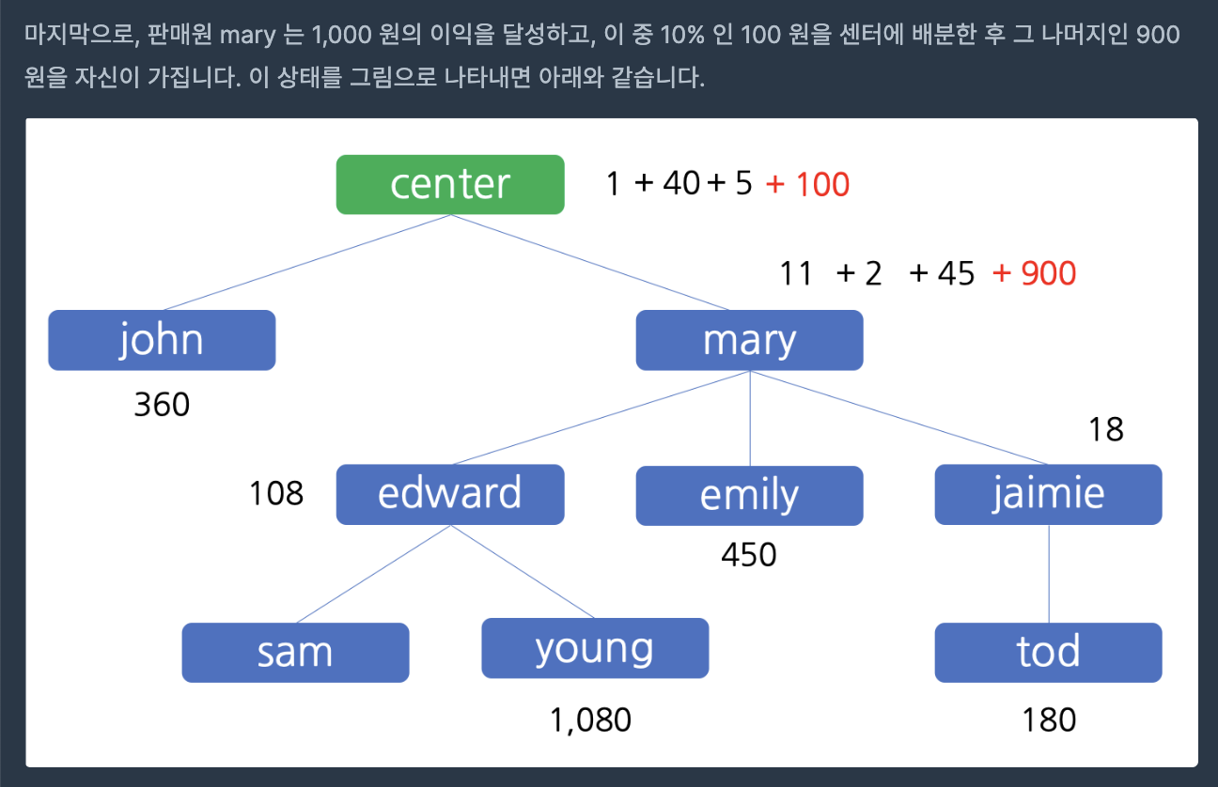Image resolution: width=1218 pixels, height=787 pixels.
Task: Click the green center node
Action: pos(450,184)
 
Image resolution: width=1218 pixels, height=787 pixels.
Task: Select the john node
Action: pos(162,340)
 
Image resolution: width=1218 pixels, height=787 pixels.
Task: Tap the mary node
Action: pos(749,340)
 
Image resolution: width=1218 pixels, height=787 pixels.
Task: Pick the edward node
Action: pos(450,494)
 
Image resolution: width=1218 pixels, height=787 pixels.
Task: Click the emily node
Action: pos(749,495)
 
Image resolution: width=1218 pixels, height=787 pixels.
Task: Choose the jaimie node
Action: pos(1048,494)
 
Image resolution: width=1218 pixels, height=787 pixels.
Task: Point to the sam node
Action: pos(295,652)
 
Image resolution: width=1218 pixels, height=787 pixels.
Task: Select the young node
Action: pos(595,648)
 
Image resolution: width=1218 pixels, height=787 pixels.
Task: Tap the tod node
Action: pos(1048,652)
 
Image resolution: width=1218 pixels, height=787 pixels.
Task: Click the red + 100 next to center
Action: pos(808,184)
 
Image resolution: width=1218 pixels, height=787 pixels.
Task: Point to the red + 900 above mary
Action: pos(1034,273)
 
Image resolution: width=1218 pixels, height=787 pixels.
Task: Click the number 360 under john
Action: pos(162,405)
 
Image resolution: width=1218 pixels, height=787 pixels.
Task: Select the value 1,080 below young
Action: pos(590,720)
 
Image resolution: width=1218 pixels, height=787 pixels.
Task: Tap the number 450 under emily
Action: pos(749,555)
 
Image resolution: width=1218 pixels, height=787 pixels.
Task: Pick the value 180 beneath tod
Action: pos(1049,720)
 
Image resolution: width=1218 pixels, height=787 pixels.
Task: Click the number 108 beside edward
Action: pos(276,493)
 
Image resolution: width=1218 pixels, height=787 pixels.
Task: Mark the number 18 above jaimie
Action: pos(1106,429)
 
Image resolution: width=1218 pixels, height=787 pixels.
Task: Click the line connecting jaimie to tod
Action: pos(1049,573)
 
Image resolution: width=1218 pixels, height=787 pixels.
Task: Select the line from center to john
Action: pos(305,262)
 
